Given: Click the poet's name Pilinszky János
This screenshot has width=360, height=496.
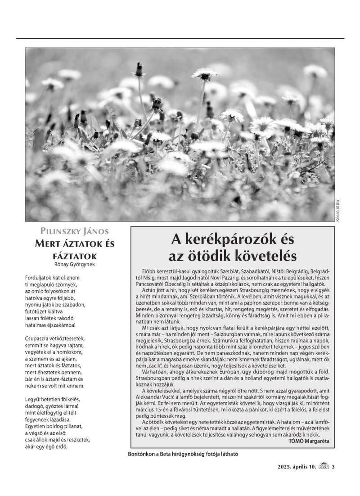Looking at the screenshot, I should click(74, 232).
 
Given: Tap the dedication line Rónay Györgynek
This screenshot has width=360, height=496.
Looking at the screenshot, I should click(75, 264).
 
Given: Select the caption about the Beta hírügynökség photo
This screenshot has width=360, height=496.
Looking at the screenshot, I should click(183, 454).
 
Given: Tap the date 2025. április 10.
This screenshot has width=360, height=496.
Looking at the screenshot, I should click(297, 466).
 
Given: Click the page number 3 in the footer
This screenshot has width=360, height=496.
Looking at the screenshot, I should click(333, 466).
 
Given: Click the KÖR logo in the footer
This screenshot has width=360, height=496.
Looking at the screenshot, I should click(324, 466).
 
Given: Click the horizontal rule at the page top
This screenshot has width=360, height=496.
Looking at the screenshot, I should click(180, 38).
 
